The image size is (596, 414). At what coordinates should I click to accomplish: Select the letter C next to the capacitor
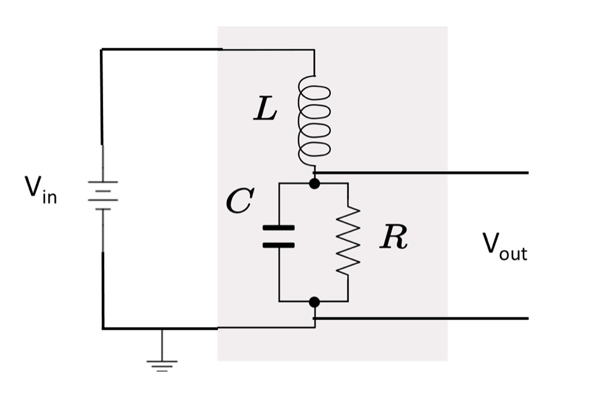pyautogui.click(x=240, y=202)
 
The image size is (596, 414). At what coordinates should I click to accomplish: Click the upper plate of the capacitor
pyautogui.click(x=279, y=228)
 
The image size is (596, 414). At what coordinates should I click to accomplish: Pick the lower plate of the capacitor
pyautogui.click(x=279, y=245)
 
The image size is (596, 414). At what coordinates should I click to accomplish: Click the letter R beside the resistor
pyautogui.click(x=394, y=238)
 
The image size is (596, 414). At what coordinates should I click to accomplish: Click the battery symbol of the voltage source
pyautogui.click(x=103, y=195)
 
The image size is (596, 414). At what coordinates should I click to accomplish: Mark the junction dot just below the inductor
pyautogui.click(x=314, y=183)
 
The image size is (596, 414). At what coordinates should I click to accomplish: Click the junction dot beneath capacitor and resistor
pyautogui.click(x=314, y=302)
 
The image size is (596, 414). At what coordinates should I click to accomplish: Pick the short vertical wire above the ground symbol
pyautogui.click(x=162, y=344)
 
